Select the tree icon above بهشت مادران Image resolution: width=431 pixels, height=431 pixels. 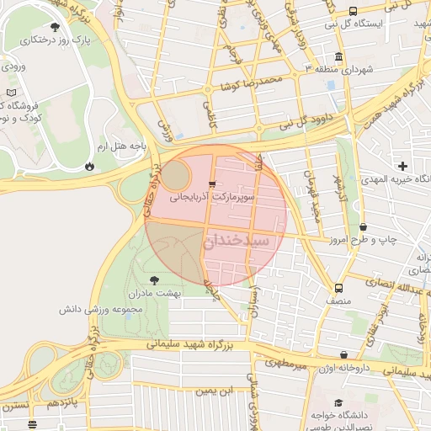point(154,279)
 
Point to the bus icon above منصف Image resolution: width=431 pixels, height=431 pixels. point(338,286)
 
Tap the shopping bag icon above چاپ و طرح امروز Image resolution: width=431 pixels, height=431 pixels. point(364,226)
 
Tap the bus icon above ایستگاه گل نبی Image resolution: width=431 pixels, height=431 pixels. point(353,11)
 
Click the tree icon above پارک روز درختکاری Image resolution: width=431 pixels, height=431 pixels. point(56,27)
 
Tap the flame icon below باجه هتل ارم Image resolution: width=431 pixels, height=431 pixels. point(89,167)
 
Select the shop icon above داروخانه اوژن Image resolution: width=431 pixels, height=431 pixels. point(343,357)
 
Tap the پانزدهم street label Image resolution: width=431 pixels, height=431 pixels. point(66,402)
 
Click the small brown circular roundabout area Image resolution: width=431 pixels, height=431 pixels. point(175,176)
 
